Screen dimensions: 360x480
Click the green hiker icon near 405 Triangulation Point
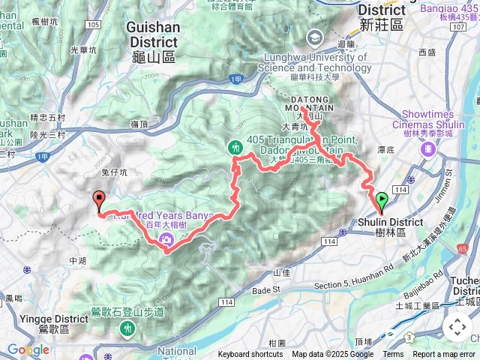click(236, 148)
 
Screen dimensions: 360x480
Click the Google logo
click(28, 349)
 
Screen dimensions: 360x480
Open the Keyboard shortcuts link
click(250, 355)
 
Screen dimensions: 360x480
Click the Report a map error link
click(445, 355)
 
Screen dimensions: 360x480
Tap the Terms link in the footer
click(393, 355)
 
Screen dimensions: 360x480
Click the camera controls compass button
click(457, 327)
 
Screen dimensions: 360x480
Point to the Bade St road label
click(265, 289)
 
